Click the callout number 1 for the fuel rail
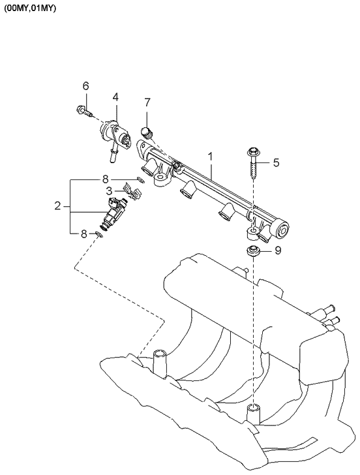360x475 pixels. [x=211, y=157]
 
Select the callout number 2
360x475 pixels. [x=59, y=206]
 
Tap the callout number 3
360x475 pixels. [x=110, y=191]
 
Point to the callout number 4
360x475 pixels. [x=115, y=97]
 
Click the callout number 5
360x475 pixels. [x=276, y=162]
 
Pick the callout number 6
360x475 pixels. [x=85, y=86]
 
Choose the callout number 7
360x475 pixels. [x=147, y=102]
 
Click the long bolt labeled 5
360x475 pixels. [x=252, y=163]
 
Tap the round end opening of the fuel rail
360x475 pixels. [x=282, y=230]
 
